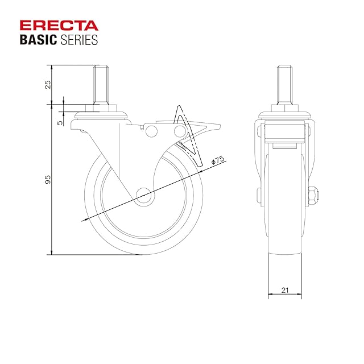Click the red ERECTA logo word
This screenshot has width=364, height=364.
click(x=59, y=26)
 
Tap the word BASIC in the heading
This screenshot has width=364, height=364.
click(x=38, y=40)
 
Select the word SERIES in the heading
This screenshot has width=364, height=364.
click(x=79, y=40)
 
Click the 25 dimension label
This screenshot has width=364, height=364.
click(x=48, y=85)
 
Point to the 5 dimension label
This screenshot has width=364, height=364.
click(x=60, y=122)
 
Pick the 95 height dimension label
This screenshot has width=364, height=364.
click(x=48, y=180)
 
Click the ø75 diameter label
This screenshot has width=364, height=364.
click(x=218, y=160)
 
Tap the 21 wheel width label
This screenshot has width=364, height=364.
click(x=285, y=290)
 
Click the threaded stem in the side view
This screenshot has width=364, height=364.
click(x=101, y=85)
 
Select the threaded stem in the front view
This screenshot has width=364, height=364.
click(x=285, y=85)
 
